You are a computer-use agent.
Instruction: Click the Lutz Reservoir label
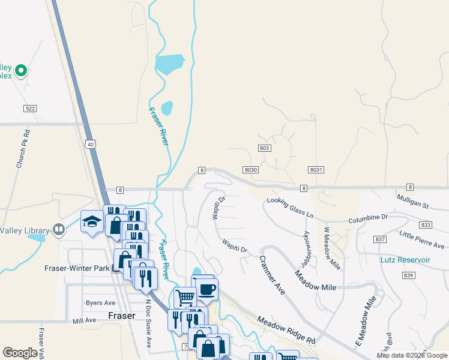coord(405,260)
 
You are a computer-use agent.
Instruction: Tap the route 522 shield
coord(31,108)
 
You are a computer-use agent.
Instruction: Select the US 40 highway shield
coord(90,144)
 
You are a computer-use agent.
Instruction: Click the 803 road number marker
coord(266,148)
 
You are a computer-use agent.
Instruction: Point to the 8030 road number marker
coord(251,170)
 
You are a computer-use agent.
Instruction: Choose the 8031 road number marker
coord(317,170)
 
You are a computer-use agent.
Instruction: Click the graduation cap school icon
coord(92,222)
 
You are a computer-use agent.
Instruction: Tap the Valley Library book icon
coord(59,229)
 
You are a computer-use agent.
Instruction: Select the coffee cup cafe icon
coord(207,289)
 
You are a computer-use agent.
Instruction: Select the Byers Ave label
coord(100,303)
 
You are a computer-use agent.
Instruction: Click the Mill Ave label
coord(84,320)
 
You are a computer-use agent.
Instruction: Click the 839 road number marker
coord(409,275)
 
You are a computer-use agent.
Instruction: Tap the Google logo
coord(20,353)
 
